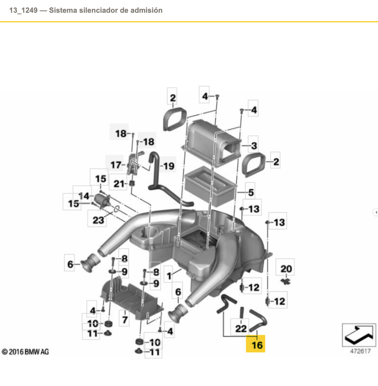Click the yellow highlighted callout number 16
pos(257,345)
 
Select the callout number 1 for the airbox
pos(169,276)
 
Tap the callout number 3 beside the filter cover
pos(254,146)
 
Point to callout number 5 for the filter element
pos(251,192)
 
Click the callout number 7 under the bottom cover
pos(125,319)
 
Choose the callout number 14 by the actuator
pos(84,196)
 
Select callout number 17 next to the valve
pos(116,165)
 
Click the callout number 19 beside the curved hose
pos(169,166)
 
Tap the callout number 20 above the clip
pos(286,269)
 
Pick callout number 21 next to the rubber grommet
pos(119,184)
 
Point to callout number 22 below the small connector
pos(241,328)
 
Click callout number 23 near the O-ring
pos(98,220)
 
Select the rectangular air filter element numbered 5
pos(211,189)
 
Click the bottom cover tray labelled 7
pos(131,298)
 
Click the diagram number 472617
pos(360,351)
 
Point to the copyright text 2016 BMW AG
pos(26,352)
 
